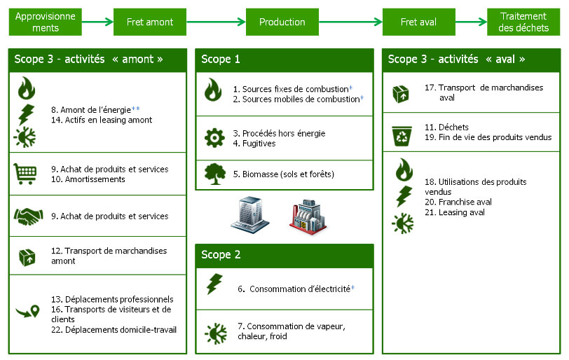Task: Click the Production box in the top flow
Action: [x=282, y=22]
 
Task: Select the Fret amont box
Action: [x=150, y=22]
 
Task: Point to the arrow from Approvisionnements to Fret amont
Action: [x=97, y=22]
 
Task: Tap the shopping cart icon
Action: [x=25, y=173]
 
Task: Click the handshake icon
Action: [x=27, y=216]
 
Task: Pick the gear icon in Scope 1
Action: [x=214, y=138]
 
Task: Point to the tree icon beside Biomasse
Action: [x=214, y=174]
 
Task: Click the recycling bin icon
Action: [x=402, y=132]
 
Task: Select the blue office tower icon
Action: [x=249, y=214]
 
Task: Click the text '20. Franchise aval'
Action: [x=458, y=202]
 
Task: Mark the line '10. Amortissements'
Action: [x=88, y=179]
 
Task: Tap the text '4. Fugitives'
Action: [x=254, y=144]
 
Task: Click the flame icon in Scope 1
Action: [x=213, y=90]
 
